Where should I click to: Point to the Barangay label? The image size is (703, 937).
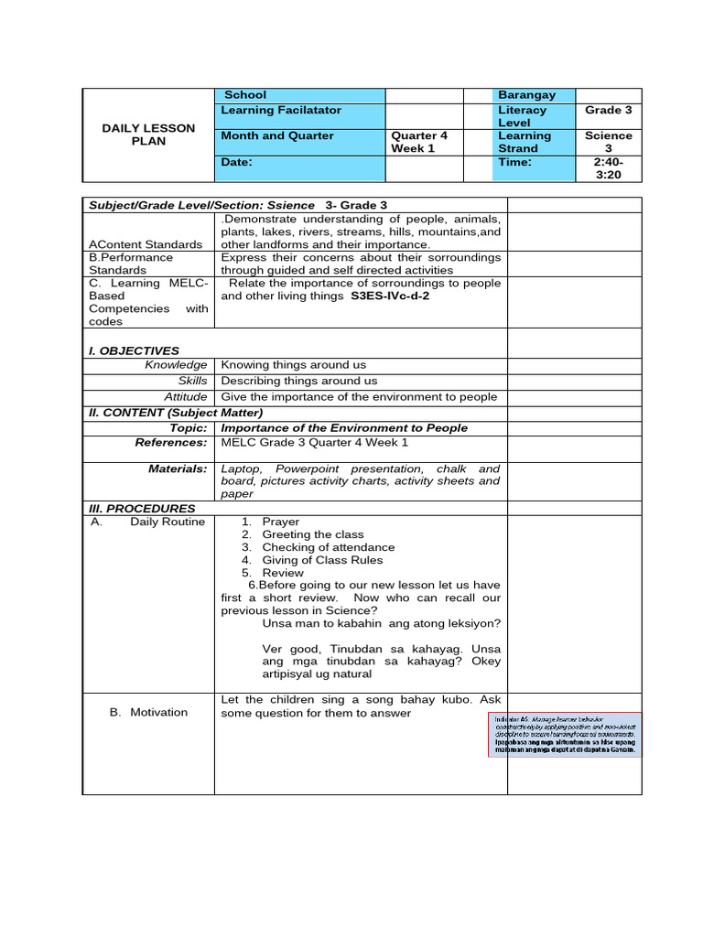526,95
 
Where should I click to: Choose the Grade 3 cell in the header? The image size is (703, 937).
609,110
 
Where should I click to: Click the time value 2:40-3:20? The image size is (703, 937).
609,168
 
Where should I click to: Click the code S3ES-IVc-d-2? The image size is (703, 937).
390,296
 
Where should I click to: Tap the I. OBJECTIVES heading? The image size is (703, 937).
134,350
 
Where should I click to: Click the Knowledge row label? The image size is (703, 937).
176,365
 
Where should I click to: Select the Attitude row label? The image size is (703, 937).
185,396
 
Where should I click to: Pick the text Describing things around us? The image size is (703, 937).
299,381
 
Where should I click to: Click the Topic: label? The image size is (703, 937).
189,427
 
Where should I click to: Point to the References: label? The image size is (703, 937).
171,442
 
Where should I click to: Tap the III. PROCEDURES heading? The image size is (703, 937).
142,508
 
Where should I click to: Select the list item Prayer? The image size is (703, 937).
281,522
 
